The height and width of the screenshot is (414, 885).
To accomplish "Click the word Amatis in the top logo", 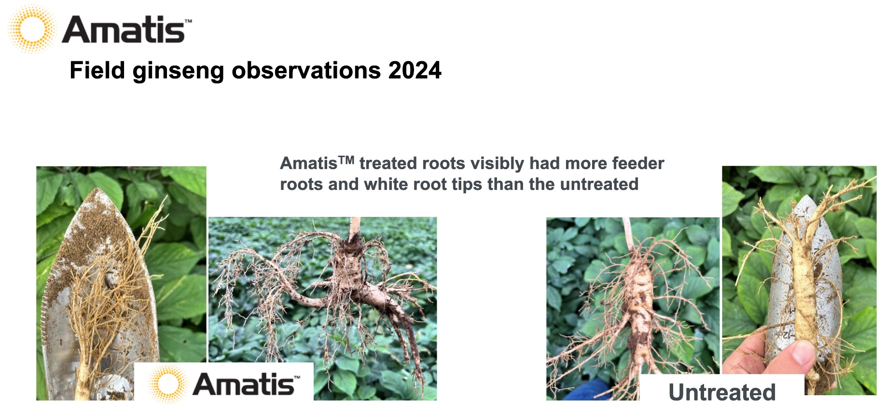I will coord(124,30).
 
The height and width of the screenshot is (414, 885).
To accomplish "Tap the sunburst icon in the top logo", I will coord(31,29).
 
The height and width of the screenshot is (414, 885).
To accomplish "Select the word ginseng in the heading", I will coord(178,71).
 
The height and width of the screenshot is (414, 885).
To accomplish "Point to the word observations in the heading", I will coord(306,70).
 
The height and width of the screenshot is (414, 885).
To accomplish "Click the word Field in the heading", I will coord(97,70).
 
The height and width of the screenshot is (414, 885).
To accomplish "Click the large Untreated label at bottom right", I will coord(722,392).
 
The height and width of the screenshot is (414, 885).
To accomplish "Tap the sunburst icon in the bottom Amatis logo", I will coord(167,384).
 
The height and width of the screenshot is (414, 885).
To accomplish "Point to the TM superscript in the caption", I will coord(346,160).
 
